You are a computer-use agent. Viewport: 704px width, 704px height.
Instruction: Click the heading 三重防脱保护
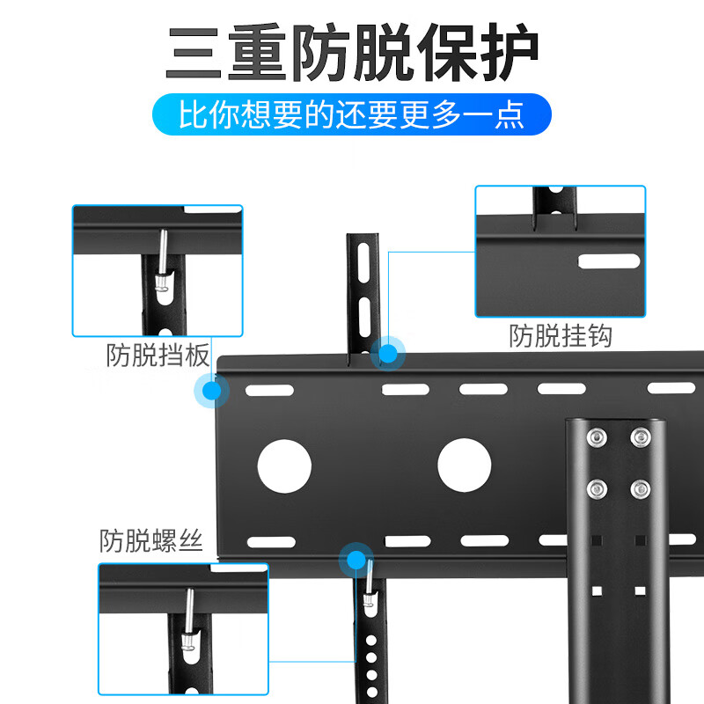click(352, 55)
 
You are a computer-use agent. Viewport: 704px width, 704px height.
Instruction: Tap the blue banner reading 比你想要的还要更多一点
click(352, 115)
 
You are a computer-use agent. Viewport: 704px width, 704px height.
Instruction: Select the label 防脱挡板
click(158, 356)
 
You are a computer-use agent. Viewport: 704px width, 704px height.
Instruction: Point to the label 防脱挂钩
click(561, 335)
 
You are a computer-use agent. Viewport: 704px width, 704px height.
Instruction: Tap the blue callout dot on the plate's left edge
click(211, 391)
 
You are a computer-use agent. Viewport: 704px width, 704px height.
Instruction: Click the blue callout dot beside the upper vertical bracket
click(387, 353)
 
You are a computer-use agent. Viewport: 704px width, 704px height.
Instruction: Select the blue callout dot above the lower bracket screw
click(356, 560)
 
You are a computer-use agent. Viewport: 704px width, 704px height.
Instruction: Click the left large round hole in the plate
click(285, 464)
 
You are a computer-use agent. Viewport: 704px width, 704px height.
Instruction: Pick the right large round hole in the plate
click(464, 464)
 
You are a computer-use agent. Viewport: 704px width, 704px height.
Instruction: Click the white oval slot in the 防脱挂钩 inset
click(607, 260)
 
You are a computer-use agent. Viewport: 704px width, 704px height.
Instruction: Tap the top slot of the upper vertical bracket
click(363, 261)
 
